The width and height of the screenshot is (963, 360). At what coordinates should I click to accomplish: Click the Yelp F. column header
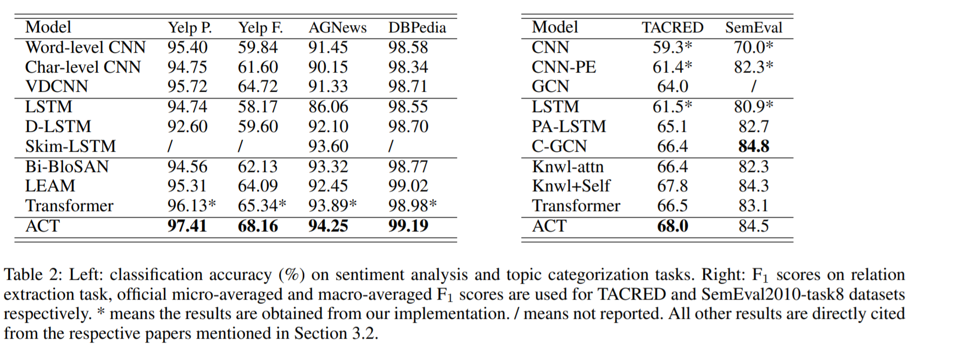coord(260,27)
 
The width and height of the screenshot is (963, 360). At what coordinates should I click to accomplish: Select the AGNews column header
coord(337,27)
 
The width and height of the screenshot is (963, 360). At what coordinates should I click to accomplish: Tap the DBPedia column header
coord(417,27)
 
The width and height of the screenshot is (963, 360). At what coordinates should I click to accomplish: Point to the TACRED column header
coord(672,27)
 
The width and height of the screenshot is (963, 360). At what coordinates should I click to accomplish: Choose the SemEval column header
coord(753,27)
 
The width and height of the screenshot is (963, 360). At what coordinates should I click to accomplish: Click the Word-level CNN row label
coord(85,47)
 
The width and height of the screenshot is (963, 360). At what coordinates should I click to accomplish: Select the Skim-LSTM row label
coord(70,146)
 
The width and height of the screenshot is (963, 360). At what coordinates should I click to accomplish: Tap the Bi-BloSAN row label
coord(67,167)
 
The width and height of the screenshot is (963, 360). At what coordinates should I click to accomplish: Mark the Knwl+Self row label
coord(571,186)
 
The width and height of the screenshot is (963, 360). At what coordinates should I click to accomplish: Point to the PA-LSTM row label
coord(569,126)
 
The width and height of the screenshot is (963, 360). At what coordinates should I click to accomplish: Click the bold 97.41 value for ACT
coord(187,226)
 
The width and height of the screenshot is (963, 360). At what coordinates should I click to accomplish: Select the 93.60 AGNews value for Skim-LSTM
coord(328,146)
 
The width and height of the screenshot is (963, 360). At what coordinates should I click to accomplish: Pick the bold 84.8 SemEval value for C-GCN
coord(753,146)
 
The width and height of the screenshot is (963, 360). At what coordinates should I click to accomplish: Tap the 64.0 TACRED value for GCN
coord(672,86)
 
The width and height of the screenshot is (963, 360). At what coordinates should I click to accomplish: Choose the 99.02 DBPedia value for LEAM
coord(408,186)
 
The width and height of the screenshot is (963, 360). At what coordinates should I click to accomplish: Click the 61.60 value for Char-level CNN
coord(258,67)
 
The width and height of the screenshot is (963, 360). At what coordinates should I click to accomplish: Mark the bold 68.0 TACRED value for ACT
coord(672,226)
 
